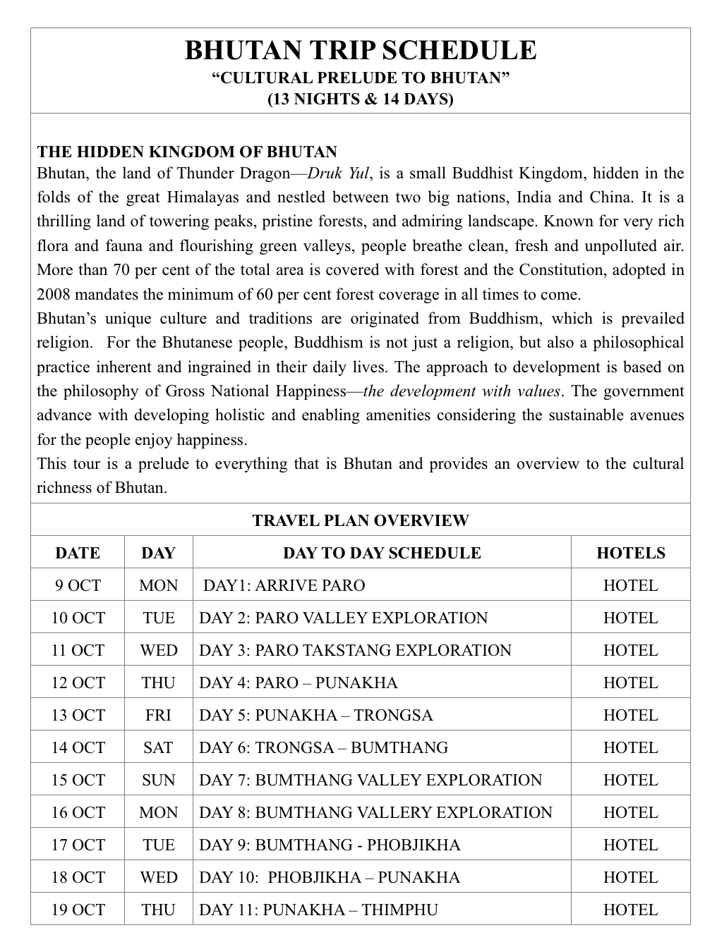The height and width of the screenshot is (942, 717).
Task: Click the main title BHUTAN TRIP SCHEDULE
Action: click(x=360, y=51)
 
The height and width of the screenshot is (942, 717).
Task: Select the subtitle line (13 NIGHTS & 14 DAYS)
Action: click(x=360, y=99)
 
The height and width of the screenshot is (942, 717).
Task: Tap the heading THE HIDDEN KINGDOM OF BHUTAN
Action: click(x=187, y=152)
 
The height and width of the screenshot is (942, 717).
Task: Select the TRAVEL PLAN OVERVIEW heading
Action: click(x=360, y=520)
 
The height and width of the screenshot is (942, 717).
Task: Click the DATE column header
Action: click(x=78, y=553)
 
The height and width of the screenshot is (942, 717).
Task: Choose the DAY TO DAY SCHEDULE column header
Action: click(x=382, y=553)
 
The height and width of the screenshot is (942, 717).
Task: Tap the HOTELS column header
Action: click(x=630, y=553)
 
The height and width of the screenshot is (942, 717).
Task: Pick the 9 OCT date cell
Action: click(x=78, y=585)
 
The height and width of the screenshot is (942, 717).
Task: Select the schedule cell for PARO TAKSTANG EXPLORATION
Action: click(x=355, y=650)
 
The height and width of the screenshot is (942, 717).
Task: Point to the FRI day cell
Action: click(x=158, y=715)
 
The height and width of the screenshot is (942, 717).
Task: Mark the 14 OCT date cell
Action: click(x=78, y=747)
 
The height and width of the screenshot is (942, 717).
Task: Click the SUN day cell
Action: click(x=158, y=780)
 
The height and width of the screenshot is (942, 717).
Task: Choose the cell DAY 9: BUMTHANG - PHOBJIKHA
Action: click(x=330, y=845)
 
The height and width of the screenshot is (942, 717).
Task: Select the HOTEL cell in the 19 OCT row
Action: click(x=630, y=910)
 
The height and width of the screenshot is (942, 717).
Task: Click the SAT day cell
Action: click(x=158, y=747)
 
